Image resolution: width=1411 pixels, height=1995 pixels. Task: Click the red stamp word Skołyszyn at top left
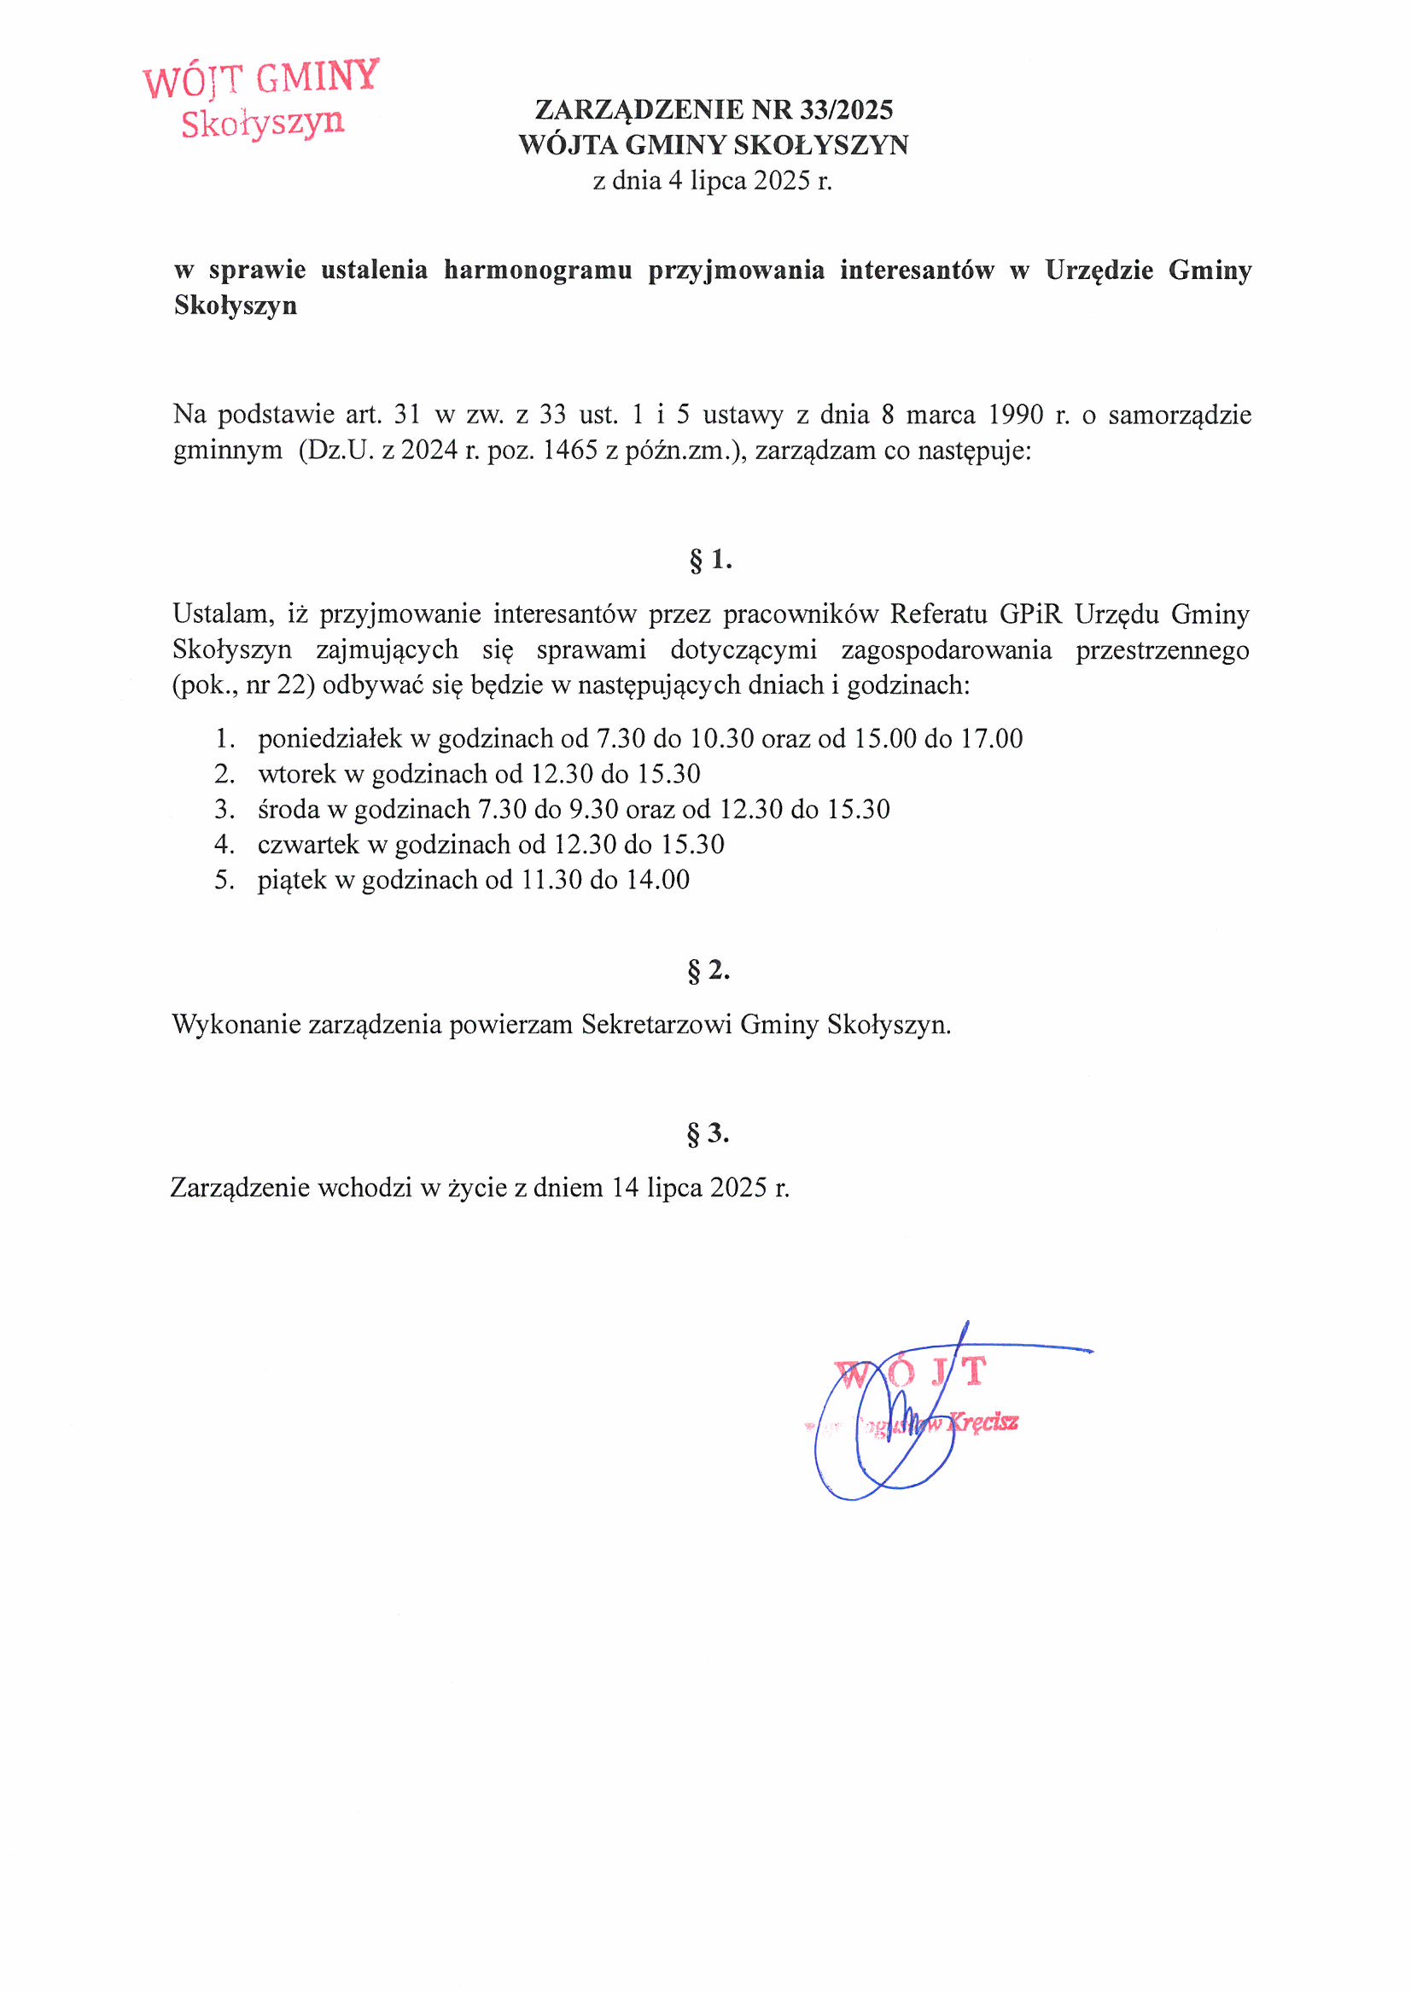click(263, 123)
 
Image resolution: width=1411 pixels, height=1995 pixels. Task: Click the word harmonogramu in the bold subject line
click(537, 270)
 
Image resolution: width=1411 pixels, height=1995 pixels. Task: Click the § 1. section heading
click(710, 561)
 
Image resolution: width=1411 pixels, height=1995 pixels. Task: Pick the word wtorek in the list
click(296, 774)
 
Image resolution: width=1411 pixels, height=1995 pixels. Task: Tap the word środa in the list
click(289, 810)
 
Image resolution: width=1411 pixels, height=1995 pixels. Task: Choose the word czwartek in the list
click(309, 845)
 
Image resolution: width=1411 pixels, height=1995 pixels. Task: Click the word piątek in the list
click(292, 881)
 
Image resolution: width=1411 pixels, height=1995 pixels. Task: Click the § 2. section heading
click(708, 969)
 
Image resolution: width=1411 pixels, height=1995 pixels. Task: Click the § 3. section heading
click(708, 1133)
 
